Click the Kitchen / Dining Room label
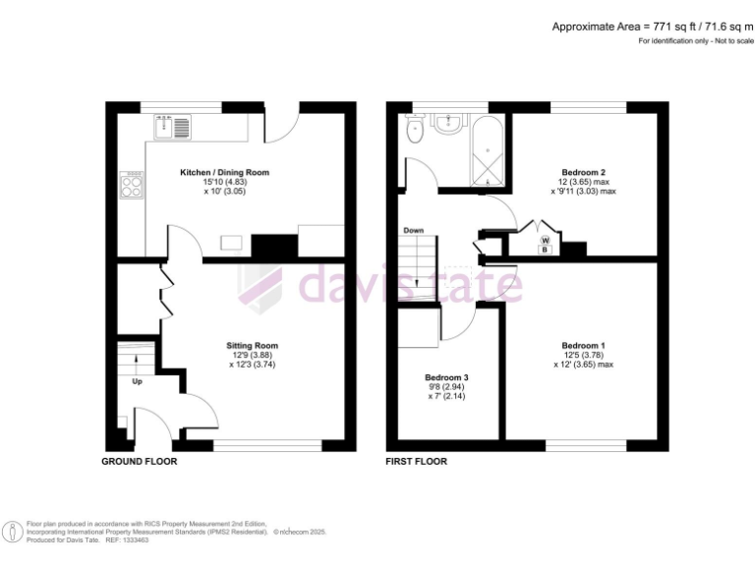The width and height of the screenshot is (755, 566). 223,172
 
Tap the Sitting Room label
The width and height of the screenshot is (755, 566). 253,346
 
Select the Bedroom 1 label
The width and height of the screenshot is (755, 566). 582,346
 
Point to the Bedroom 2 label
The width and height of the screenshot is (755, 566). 583,172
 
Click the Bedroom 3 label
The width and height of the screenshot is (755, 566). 446,377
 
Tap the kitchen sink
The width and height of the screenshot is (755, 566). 171,127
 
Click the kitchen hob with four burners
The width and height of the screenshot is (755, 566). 132,186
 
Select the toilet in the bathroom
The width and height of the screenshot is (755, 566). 416,129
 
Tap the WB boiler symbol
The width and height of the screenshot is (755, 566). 545,244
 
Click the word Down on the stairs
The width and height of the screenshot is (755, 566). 414,231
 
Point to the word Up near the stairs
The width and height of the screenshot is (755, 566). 137,381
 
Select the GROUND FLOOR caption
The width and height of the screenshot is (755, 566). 141,461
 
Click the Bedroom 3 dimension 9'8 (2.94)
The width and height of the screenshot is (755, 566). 446,388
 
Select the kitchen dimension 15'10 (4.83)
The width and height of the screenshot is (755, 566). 223,183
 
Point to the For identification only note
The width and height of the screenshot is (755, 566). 696,41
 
